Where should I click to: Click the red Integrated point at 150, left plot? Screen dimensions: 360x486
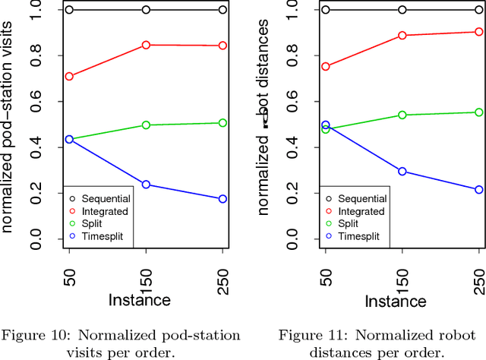(x=146, y=45)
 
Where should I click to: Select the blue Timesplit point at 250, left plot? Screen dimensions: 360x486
(x=222, y=199)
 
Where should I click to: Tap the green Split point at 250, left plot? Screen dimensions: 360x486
(x=222, y=122)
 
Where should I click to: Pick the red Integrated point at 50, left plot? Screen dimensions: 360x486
(x=69, y=77)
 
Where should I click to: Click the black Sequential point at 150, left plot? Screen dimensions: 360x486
(x=146, y=10)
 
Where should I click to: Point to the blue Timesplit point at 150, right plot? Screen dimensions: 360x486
(x=402, y=172)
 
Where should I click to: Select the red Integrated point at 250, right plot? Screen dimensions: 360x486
(x=479, y=32)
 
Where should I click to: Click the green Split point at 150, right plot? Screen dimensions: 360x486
(x=402, y=115)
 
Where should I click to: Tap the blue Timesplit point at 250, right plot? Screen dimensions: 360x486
(x=479, y=190)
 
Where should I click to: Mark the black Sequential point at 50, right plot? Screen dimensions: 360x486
(x=326, y=10)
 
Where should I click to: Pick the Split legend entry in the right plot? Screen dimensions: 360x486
(x=350, y=224)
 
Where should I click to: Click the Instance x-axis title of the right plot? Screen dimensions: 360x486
(x=395, y=302)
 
